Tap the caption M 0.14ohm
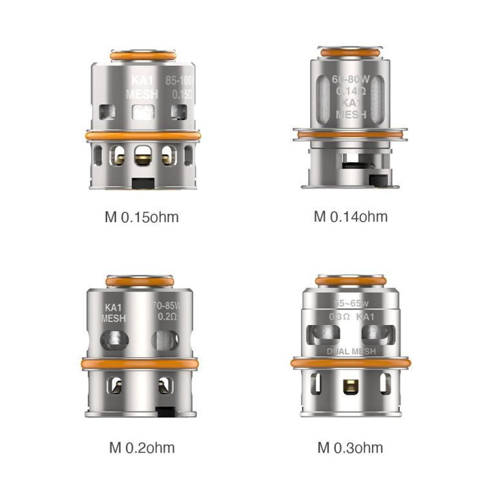[351, 216]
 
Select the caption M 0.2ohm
[141, 448]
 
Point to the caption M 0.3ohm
[350, 448]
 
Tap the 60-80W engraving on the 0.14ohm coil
[351, 80]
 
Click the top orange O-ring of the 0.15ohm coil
[143, 57]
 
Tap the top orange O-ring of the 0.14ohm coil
[351, 50]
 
